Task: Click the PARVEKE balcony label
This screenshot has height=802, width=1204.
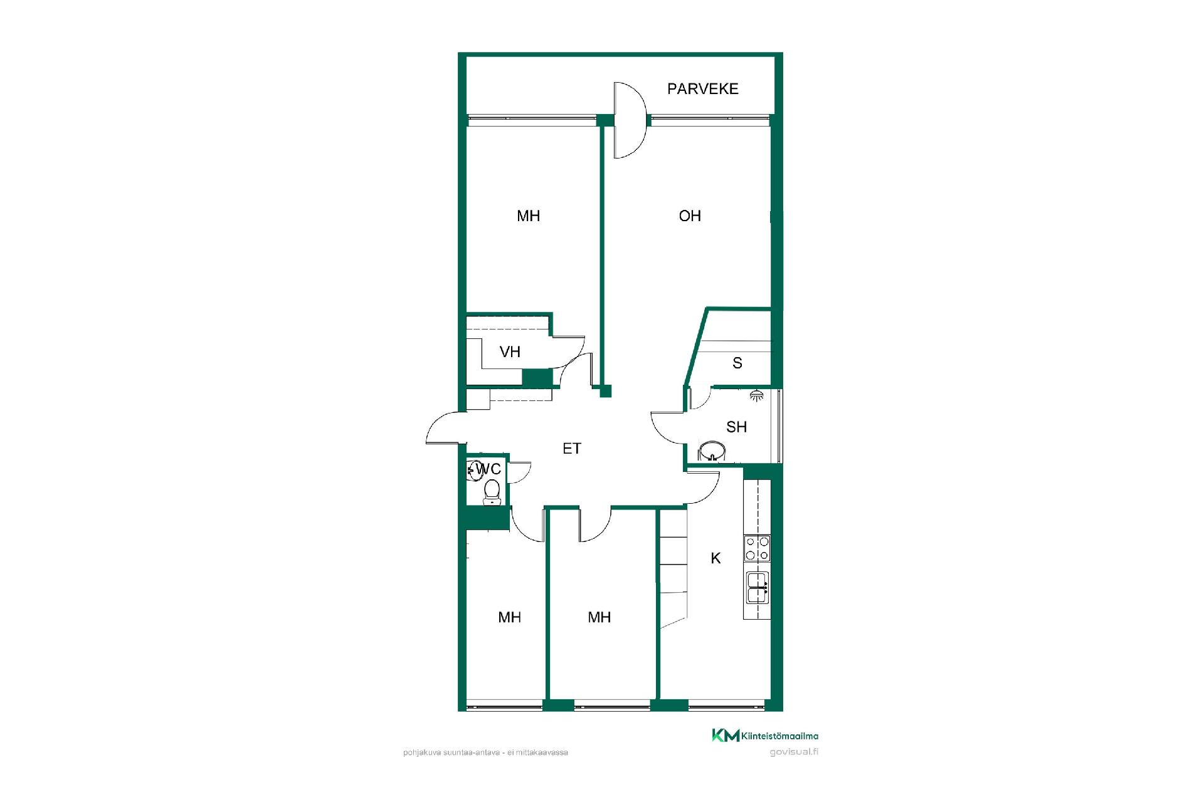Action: [702, 89]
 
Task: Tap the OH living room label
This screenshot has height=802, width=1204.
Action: [690, 216]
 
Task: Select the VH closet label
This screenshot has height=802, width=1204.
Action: [510, 352]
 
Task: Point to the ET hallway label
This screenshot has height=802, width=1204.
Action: [572, 449]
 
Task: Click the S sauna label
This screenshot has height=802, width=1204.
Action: [737, 363]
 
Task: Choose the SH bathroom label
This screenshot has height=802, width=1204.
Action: [736, 427]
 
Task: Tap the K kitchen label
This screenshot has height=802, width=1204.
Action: [716, 558]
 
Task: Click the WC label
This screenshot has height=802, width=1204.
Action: [488, 469]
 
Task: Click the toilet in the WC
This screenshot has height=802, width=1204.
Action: [492, 492]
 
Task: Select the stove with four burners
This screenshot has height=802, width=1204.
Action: [757, 548]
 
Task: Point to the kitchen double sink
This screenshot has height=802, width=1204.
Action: [757, 587]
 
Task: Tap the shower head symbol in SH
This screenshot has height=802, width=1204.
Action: [757, 396]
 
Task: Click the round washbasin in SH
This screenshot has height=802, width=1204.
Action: [711, 450]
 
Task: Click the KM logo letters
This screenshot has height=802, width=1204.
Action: [726, 736]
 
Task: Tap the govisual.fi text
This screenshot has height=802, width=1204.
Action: [794, 752]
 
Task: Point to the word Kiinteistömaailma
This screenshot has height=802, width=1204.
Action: [780, 736]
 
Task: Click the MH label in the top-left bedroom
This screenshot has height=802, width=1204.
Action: [528, 216]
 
